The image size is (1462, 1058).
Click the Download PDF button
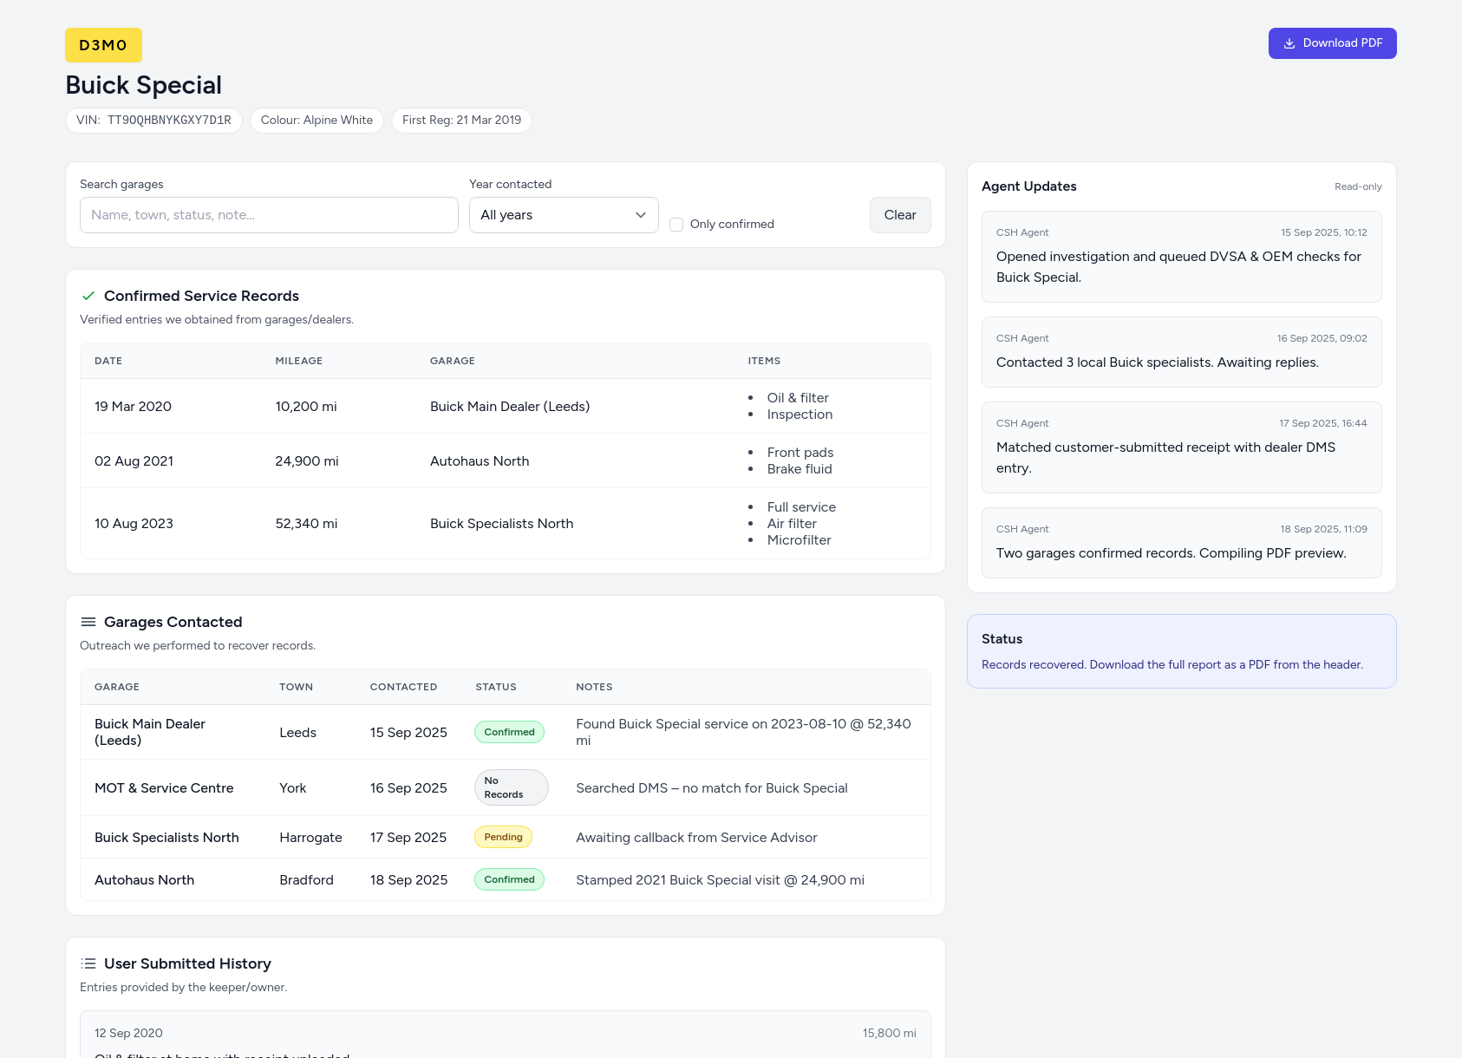1332,43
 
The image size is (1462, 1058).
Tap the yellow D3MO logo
103,45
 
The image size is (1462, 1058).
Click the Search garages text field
269,215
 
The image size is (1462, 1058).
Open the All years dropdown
564,215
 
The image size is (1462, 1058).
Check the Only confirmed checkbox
676,225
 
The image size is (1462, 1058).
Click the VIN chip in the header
153,121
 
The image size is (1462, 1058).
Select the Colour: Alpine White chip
317,121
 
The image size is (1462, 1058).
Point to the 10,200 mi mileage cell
306,407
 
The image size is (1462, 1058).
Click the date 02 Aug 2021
134,461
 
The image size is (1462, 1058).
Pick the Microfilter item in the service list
799,540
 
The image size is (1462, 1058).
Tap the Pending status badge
503,837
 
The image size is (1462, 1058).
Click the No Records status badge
511,787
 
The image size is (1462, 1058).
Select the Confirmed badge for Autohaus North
509,879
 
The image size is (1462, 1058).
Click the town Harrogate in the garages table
310,838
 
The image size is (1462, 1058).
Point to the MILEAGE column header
298,361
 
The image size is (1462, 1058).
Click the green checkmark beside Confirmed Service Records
88,296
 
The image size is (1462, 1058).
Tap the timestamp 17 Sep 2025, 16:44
1322,423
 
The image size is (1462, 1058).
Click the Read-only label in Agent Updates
1358,186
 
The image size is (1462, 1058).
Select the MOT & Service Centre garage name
164,788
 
